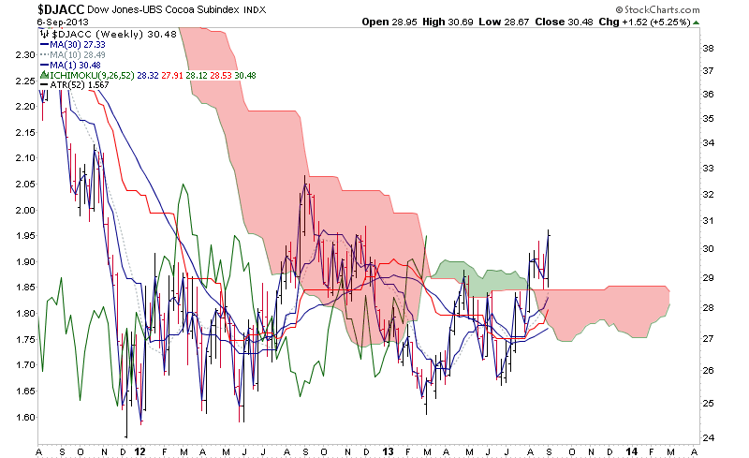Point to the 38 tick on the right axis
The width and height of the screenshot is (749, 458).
pyautogui.click(x=709, y=47)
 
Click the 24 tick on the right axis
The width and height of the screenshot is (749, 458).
pyautogui.click(x=709, y=437)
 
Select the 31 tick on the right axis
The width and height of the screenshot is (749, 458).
pyautogui.click(x=709, y=220)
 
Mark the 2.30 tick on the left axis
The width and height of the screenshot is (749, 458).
pyautogui.click(x=22, y=54)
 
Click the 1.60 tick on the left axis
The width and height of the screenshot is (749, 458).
pyautogui.click(x=22, y=417)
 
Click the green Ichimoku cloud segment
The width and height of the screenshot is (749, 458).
pyautogui.click(x=487, y=277)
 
